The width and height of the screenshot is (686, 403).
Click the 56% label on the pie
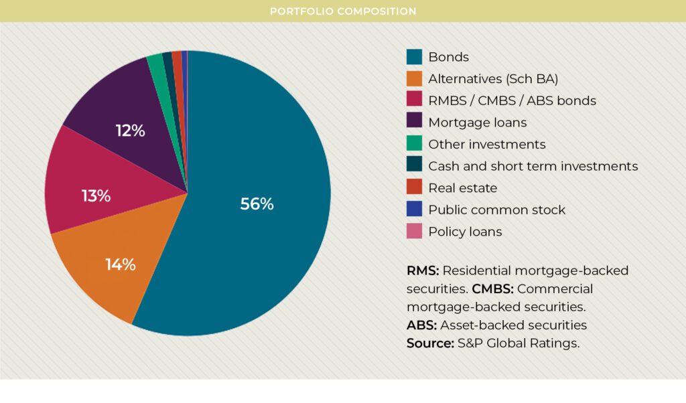[257, 204]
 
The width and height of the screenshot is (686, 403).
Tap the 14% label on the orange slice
[121, 264]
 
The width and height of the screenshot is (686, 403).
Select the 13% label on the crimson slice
[96, 196]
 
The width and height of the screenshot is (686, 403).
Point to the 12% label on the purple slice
[130, 131]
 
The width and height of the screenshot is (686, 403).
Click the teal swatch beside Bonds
[415, 57]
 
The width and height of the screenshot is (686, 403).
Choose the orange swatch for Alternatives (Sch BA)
[415, 79]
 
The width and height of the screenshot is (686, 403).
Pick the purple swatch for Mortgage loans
[415, 123]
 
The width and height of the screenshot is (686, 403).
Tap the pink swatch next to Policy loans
[415, 232]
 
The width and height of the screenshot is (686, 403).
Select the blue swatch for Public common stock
[415, 210]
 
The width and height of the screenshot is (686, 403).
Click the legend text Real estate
[463, 188]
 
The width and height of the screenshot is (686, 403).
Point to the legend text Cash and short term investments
[533, 166]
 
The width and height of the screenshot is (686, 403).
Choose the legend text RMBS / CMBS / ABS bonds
[512, 101]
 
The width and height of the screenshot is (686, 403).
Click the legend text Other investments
[487, 145]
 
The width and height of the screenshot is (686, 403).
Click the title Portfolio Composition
[343, 11]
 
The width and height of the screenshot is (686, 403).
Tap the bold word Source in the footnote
[429, 343]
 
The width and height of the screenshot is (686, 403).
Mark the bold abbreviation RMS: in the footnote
[423, 271]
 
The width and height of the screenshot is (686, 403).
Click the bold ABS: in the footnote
[421, 325]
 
